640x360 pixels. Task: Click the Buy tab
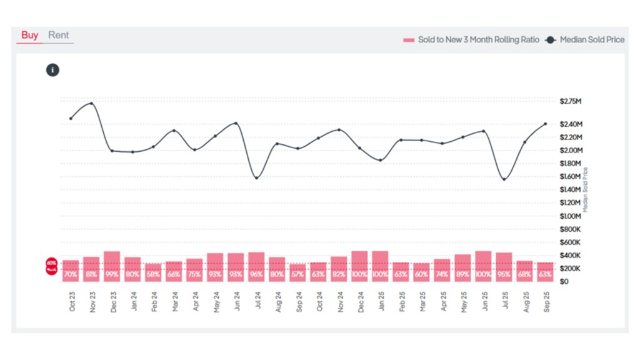click(29, 35)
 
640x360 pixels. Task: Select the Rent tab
click(59, 35)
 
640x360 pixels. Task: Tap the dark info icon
click(52, 70)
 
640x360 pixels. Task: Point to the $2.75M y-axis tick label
click(571, 101)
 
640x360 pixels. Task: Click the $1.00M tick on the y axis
click(571, 216)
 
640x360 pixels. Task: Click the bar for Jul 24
click(256, 267)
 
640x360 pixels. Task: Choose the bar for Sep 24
click(297, 272)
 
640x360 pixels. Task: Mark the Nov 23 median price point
click(92, 104)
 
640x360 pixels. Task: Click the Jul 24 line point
click(256, 178)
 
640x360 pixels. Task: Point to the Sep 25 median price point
click(545, 124)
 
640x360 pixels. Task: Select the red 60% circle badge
click(51, 266)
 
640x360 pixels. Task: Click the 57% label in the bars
click(297, 274)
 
